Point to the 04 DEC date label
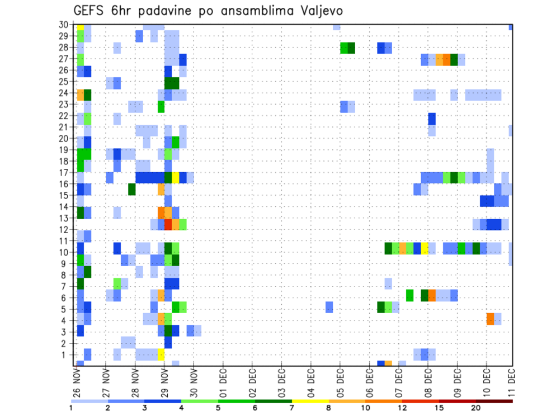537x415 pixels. click(x=311, y=384)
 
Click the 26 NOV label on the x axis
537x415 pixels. click(x=77, y=384)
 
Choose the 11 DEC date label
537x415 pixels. click(x=512, y=384)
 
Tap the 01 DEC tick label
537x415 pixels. click(x=223, y=384)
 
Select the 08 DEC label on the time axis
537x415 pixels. click(x=428, y=384)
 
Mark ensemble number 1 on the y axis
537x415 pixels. click(x=65, y=355)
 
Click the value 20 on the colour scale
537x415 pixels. click(x=475, y=408)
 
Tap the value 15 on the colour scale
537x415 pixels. click(x=439, y=408)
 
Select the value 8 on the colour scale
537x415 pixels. click(x=328, y=408)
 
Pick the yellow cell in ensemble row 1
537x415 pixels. click(x=161, y=355)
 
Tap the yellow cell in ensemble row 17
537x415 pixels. click(x=175, y=177)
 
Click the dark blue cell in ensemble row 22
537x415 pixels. click(x=432, y=119)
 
